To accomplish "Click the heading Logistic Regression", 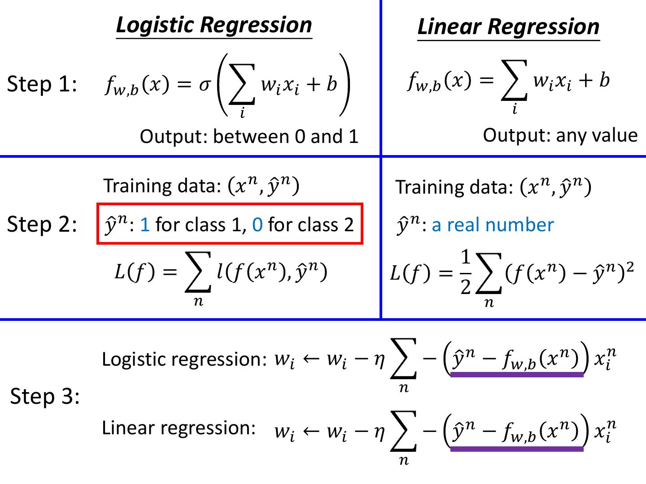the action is click(x=214, y=25).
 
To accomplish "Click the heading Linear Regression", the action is click(x=508, y=27).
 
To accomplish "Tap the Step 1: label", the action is click(x=42, y=84).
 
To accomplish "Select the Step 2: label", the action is click(x=42, y=224).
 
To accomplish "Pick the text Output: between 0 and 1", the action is click(x=249, y=136).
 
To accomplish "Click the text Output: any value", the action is click(x=560, y=135).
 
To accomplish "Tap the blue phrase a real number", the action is click(x=493, y=225).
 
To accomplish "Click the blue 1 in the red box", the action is click(x=145, y=225).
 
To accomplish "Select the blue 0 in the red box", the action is click(x=257, y=225).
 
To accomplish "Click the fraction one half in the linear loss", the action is click(x=466, y=272).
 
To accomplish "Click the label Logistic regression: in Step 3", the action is click(x=184, y=359).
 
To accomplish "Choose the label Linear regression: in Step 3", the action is click(x=179, y=428).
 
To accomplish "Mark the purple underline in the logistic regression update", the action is click(x=517, y=375).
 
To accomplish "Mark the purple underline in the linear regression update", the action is click(x=517, y=449).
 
